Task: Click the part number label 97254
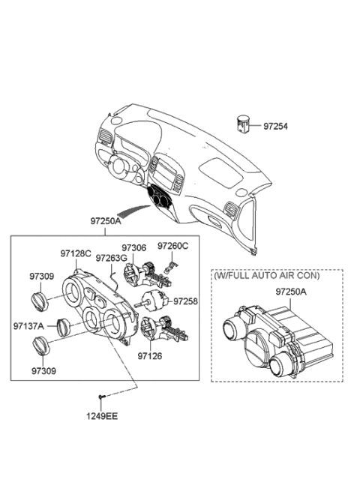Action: [274, 127]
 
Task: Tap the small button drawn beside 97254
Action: [244, 124]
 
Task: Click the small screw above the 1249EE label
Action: [100, 397]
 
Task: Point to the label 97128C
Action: [76, 254]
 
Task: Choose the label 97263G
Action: [111, 258]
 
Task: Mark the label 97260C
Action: [173, 246]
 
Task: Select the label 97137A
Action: [28, 326]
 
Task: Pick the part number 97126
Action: [149, 358]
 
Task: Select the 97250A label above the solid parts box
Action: [106, 221]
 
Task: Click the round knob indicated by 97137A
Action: [64, 328]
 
